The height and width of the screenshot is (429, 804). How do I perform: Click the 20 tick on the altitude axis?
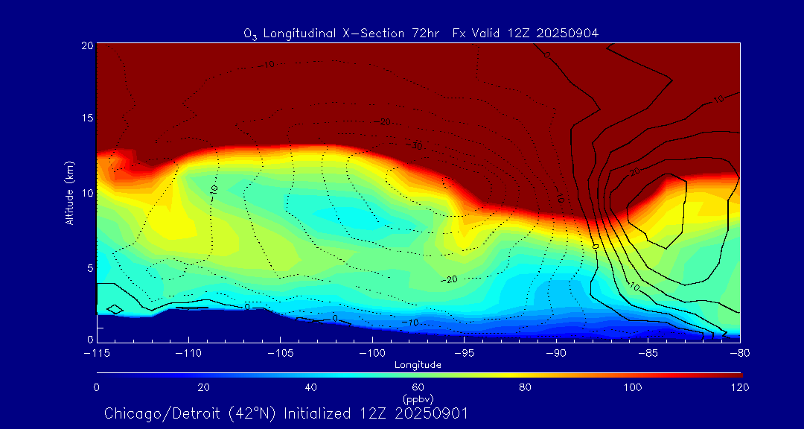[x=86, y=45]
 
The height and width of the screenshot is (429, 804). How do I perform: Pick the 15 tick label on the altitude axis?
[x=86, y=119]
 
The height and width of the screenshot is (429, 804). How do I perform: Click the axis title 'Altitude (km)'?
[x=69, y=193]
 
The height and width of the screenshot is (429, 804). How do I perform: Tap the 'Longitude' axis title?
[x=418, y=365]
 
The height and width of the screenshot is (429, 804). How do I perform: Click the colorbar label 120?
[x=740, y=387]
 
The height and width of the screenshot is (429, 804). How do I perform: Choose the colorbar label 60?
[x=418, y=387]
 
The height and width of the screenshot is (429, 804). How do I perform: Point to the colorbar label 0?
[x=97, y=387]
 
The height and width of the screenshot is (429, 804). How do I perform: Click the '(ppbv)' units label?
[x=418, y=399]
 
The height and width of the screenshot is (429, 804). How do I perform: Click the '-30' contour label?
[x=414, y=146]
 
